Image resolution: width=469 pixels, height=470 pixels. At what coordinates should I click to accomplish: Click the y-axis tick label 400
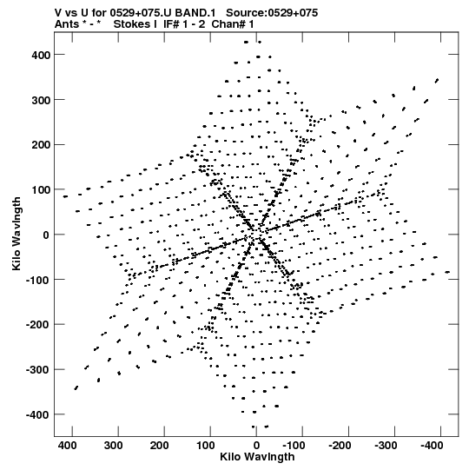[x=41, y=55]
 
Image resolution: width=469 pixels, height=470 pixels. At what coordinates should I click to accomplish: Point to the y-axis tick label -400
[x=37, y=415]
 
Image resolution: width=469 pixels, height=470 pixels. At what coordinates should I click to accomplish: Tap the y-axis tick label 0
[x=46, y=235]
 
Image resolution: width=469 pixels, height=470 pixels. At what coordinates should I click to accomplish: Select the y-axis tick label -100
[x=37, y=280]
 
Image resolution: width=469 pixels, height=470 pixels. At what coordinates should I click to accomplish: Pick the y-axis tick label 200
[x=41, y=145]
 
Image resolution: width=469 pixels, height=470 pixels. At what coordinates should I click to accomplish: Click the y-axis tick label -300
[x=37, y=370]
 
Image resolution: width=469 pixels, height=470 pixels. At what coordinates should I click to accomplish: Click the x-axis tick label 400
[x=67, y=446]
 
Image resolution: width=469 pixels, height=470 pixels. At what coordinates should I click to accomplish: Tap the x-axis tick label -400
[x=432, y=446]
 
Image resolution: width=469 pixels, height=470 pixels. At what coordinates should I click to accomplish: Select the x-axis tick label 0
[x=256, y=446]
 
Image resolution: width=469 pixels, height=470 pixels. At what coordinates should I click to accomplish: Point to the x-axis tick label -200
[x=340, y=446]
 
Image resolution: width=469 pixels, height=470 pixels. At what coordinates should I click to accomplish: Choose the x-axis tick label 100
[x=206, y=446]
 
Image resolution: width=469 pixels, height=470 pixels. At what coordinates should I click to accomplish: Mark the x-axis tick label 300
[x=113, y=446]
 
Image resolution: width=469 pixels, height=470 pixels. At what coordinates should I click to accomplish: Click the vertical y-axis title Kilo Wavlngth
[x=17, y=234]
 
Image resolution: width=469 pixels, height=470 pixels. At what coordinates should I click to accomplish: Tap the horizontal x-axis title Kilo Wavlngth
[x=257, y=457]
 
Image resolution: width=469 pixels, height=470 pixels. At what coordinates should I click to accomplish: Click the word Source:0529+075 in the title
[x=272, y=13]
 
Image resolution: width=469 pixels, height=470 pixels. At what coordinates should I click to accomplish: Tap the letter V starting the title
[x=58, y=13]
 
